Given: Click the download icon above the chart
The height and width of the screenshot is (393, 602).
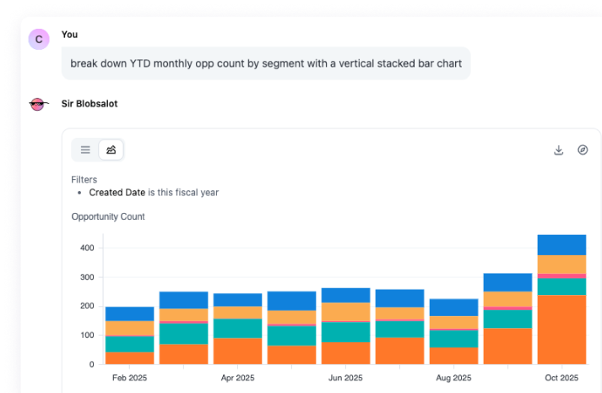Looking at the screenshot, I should tap(558, 150).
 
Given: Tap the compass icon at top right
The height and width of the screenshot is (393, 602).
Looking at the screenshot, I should tap(583, 150).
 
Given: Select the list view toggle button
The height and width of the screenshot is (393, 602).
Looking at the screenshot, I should tap(85, 150).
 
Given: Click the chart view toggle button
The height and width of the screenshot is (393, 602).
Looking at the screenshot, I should tap(111, 150).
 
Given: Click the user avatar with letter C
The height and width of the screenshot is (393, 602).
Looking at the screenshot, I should tap(39, 39).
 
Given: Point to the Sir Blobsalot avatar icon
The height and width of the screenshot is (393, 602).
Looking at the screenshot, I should tap(39, 105).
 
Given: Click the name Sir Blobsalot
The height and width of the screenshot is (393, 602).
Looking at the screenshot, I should tap(89, 104).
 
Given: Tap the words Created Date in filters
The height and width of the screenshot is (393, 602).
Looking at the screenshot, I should tap(117, 193).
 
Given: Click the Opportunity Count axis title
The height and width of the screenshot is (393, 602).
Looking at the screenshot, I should tap(108, 216).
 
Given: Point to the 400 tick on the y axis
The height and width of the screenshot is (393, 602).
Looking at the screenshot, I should tap(86, 248).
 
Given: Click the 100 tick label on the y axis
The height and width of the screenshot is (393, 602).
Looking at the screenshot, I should tap(86, 336).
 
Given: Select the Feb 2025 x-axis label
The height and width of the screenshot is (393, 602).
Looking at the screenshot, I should tap(129, 378).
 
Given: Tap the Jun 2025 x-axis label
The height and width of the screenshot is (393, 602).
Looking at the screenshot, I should tap(345, 378).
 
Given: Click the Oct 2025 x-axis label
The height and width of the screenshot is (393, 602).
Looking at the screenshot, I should tap(562, 378).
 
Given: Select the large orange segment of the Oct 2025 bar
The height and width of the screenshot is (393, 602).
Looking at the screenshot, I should tap(562, 330).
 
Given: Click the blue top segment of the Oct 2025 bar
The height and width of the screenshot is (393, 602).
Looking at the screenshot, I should tap(562, 244).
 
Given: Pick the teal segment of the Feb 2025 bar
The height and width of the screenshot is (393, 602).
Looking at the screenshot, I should tap(129, 344).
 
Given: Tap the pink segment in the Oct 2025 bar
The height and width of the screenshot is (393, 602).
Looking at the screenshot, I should tap(562, 276).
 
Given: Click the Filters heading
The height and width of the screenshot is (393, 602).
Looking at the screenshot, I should tap(84, 179).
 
